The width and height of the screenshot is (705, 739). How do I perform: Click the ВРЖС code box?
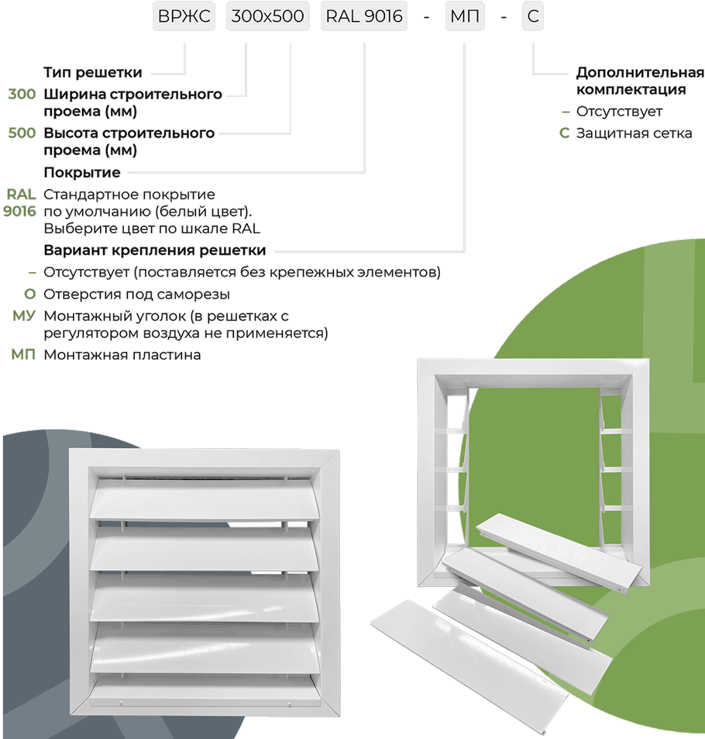184,16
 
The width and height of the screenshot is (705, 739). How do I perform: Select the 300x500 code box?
267,16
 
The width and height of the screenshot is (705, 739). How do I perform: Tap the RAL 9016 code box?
365,16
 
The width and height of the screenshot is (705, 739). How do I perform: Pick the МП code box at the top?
465,16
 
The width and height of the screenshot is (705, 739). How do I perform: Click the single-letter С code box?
532,16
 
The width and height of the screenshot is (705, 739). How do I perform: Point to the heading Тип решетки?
93,73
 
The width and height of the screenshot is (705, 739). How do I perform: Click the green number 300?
22,95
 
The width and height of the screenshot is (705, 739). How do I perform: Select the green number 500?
22,133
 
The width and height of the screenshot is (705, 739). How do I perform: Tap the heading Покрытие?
82,172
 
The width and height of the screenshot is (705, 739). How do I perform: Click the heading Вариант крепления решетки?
155,250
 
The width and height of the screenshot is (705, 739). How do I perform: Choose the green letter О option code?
30,295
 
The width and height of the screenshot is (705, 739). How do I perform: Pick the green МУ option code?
24,316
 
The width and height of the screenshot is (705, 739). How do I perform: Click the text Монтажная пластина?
122,355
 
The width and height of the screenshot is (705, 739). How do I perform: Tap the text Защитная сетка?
634,133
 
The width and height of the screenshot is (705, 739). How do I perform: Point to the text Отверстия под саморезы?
136,295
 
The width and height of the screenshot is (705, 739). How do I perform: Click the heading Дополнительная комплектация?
639,81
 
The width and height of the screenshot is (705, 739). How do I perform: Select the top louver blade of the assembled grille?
204,501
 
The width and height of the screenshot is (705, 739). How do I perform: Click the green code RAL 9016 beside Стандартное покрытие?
20,202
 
